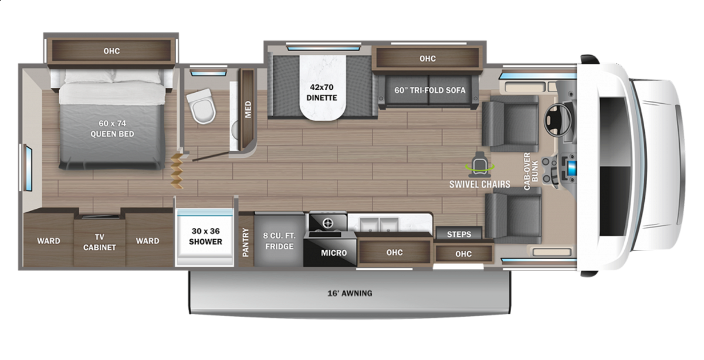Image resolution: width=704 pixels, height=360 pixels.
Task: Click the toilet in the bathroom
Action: [x=201, y=106]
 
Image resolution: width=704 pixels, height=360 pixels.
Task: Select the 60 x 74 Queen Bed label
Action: [x=112, y=128]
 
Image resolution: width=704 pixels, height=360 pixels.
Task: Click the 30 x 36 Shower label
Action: [x=205, y=236]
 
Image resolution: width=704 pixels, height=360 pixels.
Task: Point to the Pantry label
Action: [x=246, y=242]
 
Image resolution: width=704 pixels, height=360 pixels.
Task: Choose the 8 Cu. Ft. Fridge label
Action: [x=279, y=241]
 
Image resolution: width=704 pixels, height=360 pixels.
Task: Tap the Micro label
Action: [x=334, y=253]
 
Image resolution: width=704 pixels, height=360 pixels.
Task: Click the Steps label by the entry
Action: [x=459, y=235]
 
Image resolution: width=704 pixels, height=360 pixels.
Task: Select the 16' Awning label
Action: [x=350, y=293]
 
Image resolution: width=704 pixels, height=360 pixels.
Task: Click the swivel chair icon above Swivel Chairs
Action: [x=480, y=163]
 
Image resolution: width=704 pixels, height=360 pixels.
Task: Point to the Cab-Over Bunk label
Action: [x=531, y=171]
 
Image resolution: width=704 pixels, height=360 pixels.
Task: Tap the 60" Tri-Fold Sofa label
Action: [x=429, y=90]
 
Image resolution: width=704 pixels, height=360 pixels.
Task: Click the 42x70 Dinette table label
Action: [x=321, y=93]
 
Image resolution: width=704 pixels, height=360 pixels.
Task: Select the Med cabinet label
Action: [x=248, y=109]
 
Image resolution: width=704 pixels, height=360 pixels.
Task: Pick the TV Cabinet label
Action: [x=100, y=242]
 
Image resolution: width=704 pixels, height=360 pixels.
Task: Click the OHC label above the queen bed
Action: [x=111, y=51]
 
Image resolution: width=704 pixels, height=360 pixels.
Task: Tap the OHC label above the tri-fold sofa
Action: [x=428, y=59]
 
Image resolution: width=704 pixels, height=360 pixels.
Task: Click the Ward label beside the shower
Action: [x=147, y=241]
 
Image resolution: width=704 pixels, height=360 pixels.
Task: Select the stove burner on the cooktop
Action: [x=329, y=223]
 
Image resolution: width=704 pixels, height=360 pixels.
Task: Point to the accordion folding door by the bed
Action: [x=177, y=171]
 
